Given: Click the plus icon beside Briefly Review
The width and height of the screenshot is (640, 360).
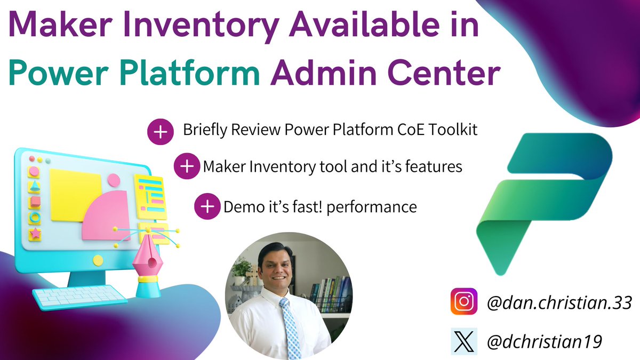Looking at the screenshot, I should point(160,131).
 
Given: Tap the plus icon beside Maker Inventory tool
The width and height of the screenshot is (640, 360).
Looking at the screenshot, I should point(187,166).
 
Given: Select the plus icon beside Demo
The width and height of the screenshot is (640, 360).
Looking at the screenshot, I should point(207,206).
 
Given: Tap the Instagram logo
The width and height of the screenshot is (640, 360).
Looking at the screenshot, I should point(463,301).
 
